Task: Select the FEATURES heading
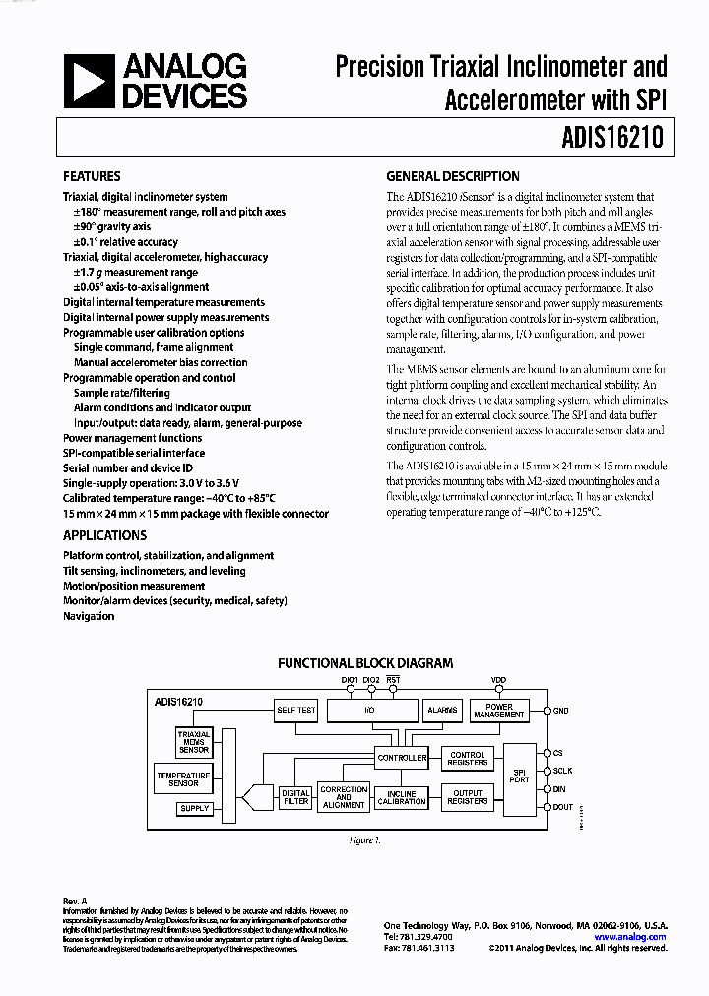[92, 177]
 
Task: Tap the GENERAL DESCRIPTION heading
[453, 177]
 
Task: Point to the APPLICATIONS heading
[104, 536]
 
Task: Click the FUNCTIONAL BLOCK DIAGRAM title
[365, 663]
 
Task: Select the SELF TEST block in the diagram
[295, 710]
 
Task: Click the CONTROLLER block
[402, 758]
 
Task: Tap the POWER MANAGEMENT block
[499, 711]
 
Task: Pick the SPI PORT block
[519, 776]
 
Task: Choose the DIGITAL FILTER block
[295, 797]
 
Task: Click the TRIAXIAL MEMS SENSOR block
[194, 740]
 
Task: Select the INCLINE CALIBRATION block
[402, 798]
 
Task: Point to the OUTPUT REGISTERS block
[468, 797]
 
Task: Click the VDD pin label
[498, 680]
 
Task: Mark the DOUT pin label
[563, 807]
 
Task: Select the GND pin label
[561, 710]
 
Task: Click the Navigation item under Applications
[89, 616]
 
